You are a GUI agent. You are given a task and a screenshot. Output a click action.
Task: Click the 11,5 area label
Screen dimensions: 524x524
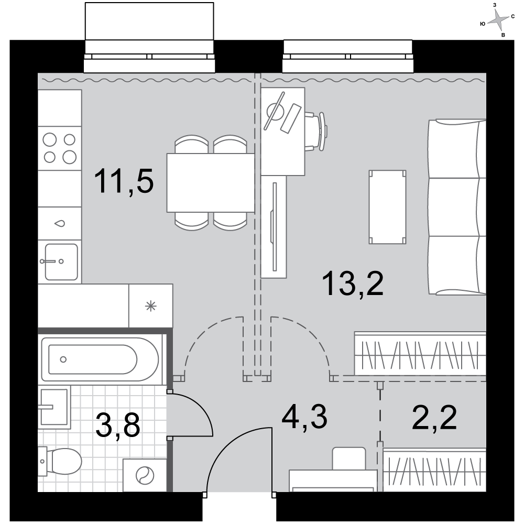point(124,181)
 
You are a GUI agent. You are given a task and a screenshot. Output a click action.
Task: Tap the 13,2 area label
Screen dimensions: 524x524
point(353,283)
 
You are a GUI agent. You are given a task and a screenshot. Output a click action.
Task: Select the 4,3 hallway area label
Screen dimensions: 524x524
point(304,417)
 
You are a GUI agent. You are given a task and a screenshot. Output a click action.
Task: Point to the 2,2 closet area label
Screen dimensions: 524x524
point(434,417)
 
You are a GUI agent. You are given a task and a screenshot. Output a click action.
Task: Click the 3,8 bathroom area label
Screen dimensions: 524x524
point(117,425)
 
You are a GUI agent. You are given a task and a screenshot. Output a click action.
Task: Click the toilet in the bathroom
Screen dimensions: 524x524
point(60,461)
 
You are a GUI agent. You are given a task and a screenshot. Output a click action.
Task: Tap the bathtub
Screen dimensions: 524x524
point(100,359)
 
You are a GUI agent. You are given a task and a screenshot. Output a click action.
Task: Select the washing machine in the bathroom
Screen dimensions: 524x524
point(145,475)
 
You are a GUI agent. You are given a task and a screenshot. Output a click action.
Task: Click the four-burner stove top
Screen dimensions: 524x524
point(60,148)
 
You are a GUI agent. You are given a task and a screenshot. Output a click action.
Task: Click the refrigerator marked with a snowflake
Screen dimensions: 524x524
point(151,306)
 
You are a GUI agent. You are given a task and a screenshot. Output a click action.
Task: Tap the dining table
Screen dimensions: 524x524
point(211,183)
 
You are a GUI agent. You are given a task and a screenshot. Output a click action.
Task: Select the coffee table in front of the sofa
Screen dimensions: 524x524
point(388,207)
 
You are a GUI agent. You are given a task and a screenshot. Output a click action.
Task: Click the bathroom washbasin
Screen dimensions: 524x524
point(54,407)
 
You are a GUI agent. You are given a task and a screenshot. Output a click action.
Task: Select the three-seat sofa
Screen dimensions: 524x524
point(457,207)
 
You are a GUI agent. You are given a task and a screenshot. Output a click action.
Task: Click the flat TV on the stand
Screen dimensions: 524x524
point(275,226)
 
